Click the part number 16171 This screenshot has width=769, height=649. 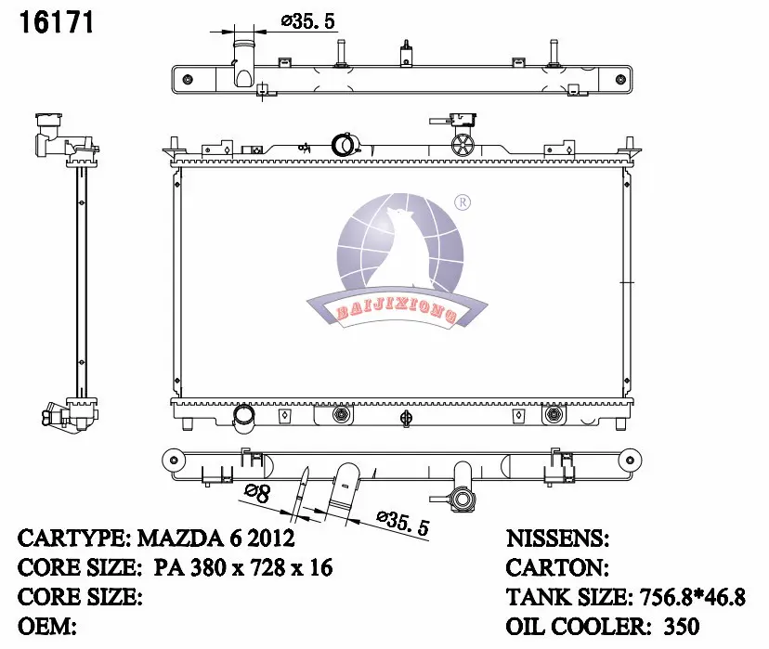(56, 22)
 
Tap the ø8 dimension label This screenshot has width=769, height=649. (257, 493)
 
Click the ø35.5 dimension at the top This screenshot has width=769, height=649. (308, 21)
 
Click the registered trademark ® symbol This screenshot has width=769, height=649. (463, 202)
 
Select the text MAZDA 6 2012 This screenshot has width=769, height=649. (215, 539)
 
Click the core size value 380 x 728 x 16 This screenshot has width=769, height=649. (261, 567)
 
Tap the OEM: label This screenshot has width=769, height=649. (47, 626)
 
